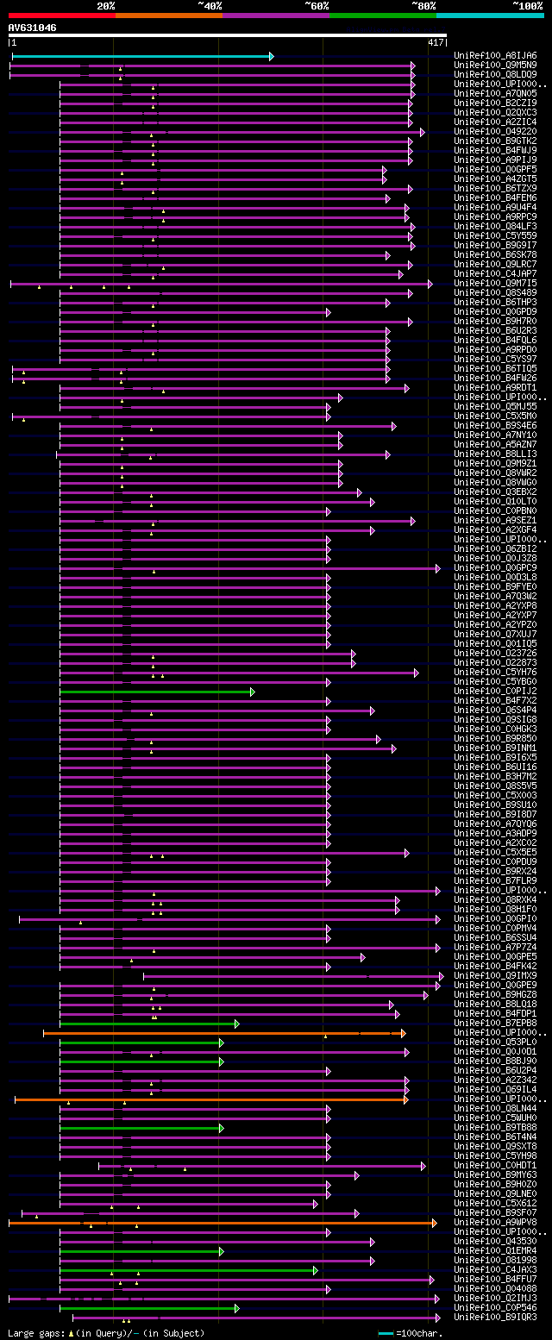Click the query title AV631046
(33, 28)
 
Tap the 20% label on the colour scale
(105, 6)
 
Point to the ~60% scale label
(317, 6)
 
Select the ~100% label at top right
(527, 6)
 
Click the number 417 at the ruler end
(436, 42)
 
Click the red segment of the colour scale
(61, 16)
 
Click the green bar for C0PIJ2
(155, 692)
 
